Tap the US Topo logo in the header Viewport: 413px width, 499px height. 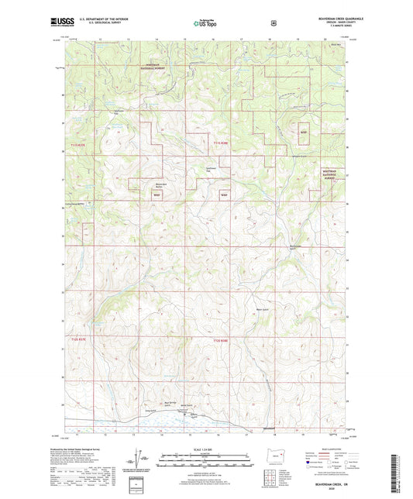pos(203,24)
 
